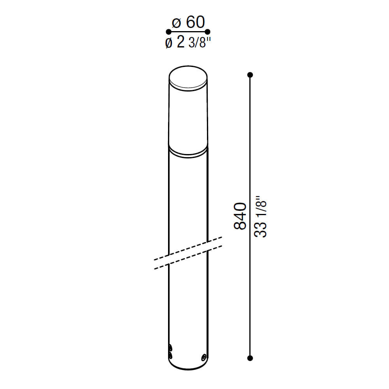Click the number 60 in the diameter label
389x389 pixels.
[x=195, y=22]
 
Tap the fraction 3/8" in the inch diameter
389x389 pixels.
[x=200, y=43]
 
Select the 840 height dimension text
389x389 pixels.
[x=240, y=216]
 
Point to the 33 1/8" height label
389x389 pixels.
[x=261, y=217]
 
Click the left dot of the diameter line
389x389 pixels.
[x=168, y=32]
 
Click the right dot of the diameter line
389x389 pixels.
[x=208, y=32]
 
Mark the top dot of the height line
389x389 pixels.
[x=250, y=75]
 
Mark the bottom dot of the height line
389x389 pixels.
[x=250, y=358]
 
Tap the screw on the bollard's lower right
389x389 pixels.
[x=204, y=357]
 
